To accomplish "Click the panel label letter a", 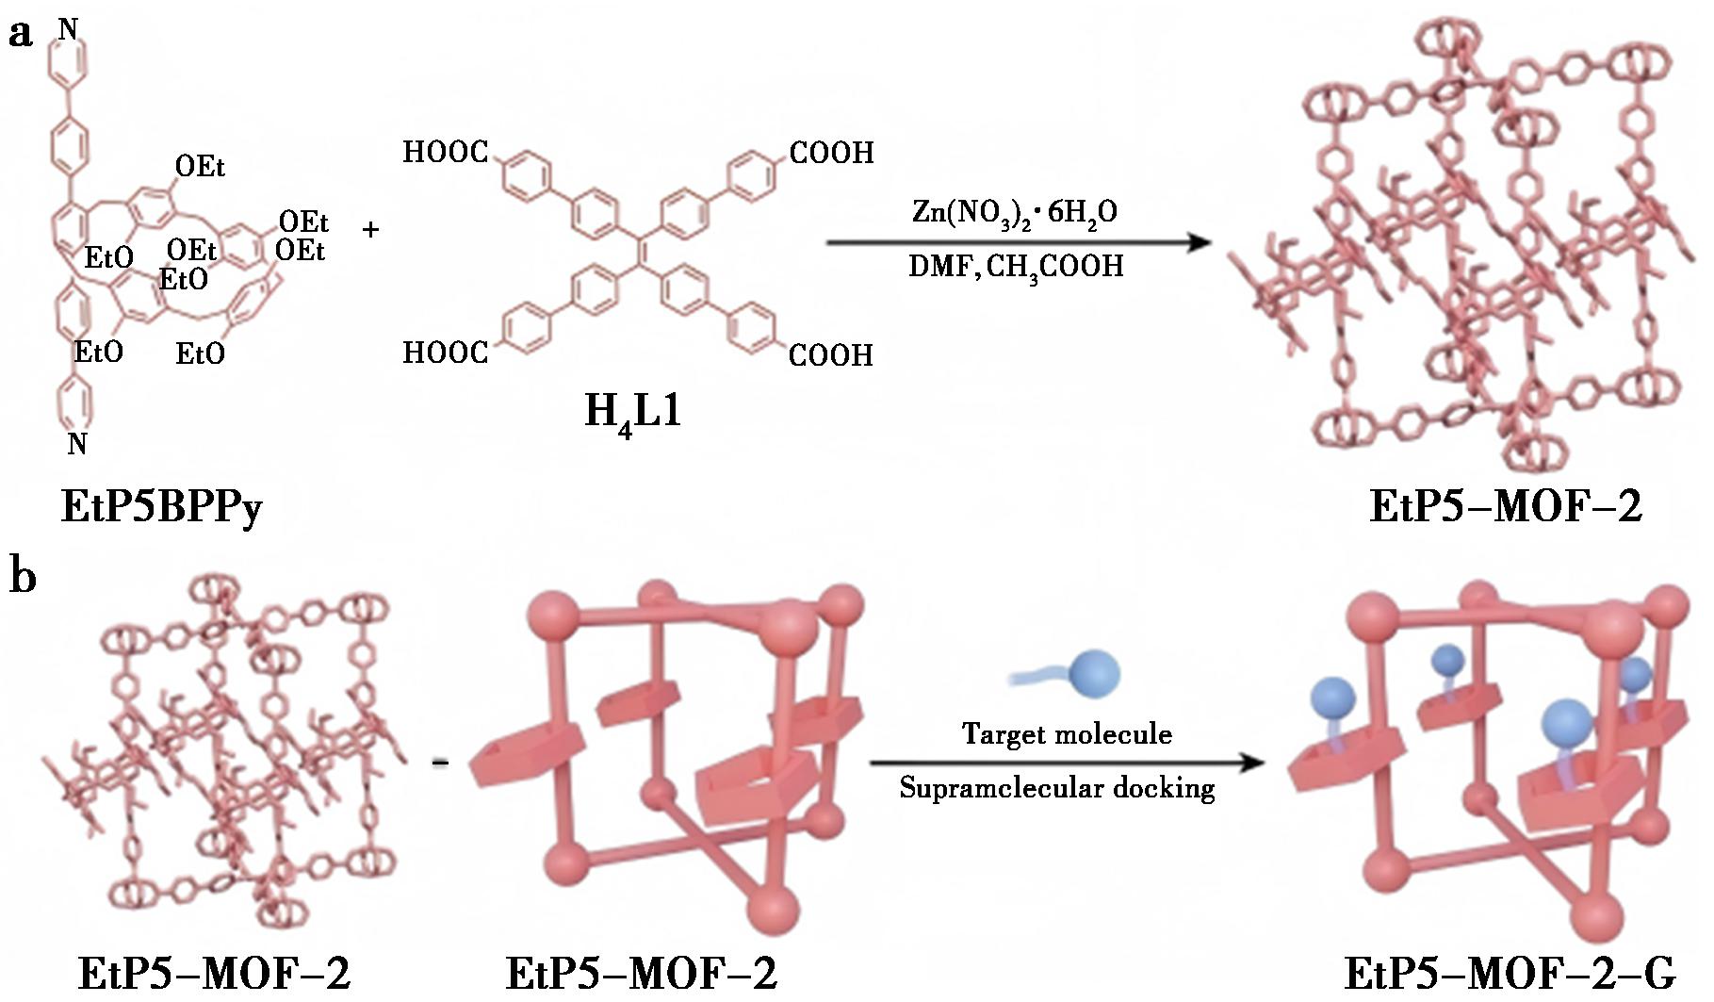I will pyautogui.click(x=21, y=35).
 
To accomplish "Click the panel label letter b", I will pyautogui.click(x=23, y=575).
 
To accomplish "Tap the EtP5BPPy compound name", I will pyautogui.click(x=161, y=507).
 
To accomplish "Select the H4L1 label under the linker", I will pyautogui.click(x=632, y=413).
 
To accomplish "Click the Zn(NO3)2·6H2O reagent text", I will pyautogui.click(x=1015, y=213).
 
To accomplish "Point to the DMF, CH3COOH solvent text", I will pyautogui.click(x=1016, y=267).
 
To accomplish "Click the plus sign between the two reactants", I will pyautogui.click(x=371, y=229).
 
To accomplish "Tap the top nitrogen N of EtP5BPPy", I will pyautogui.click(x=68, y=30).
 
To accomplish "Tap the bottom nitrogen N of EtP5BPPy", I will pyautogui.click(x=77, y=443).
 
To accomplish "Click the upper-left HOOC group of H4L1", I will pyautogui.click(x=446, y=152).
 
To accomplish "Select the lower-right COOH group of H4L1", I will pyautogui.click(x=830, y=355).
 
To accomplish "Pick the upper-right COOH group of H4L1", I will pyautogui.click(x=831, y=153).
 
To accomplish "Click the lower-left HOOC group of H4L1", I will pyautogui.click(x=446, y=353).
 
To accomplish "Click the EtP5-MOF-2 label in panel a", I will pyautogui.click(x=1505, y=506).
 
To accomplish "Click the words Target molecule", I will pyautogui.click(x=1067, y=733).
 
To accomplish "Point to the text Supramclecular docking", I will pyautogui.click(x=1056, y=787).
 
